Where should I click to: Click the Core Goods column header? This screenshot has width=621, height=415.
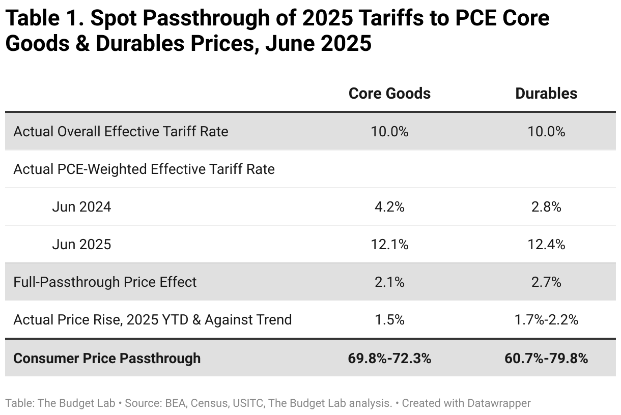point(389,94)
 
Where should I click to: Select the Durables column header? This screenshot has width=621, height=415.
point(546,94)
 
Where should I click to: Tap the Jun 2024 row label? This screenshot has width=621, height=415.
point(81,207)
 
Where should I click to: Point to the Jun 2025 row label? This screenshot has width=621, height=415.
point(81,245)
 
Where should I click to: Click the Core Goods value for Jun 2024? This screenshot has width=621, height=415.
point(389,207)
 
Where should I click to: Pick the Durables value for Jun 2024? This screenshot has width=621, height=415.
point(546,207)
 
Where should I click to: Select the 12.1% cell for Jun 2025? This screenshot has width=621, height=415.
point(389,245)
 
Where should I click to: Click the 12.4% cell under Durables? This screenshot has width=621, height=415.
point(546,245)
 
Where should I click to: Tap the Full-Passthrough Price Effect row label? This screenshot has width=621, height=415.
point(105,282)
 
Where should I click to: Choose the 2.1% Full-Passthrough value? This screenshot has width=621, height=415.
point(389,282)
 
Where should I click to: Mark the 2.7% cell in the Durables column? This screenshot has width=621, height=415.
point(546,282)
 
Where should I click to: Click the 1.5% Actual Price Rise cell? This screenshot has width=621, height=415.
point(389,320)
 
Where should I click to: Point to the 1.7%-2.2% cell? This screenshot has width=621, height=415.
point(546,320)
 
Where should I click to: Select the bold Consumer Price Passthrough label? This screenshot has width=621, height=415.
point(107,358)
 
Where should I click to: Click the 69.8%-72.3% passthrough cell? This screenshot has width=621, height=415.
point(389,358)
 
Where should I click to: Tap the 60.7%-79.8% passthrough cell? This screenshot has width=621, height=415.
point(546,358)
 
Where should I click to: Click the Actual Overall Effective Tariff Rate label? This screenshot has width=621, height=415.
point(121,132)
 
